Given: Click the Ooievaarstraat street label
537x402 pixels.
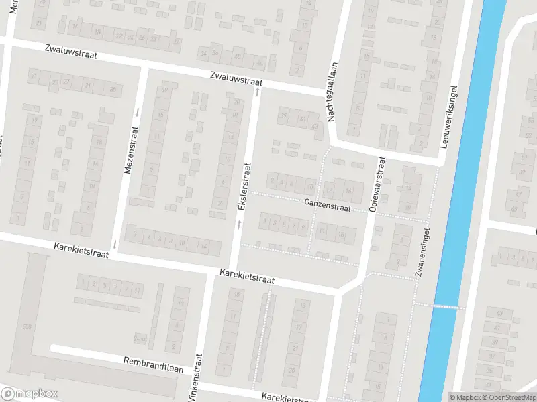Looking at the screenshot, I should pyautogui.click(x=377, y=185).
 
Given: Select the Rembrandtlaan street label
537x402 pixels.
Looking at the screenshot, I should pyautogui.click(x=152, y=364).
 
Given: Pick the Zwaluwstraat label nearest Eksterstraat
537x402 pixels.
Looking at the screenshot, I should pyautogui.click(x=235, y=79).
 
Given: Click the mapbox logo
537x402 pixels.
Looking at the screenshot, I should pyautogui.click(x=29, y=394).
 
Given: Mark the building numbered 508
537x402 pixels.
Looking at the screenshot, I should pyautogui.click(x=27, y=327).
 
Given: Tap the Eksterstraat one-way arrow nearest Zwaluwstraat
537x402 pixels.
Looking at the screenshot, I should pyautogui.click(x=256, y=91).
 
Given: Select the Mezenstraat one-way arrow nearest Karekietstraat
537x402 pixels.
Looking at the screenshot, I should pyautogui.click(x=115, y=243).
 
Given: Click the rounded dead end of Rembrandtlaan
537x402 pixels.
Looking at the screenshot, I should pyautogui.click(x=53, y=349).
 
